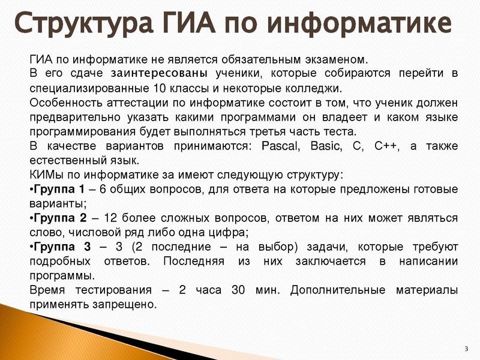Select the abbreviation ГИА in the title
(191, 25)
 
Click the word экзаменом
(337, 59)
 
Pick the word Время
(47, 290)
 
